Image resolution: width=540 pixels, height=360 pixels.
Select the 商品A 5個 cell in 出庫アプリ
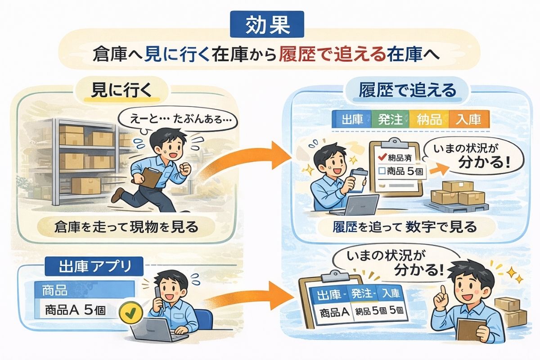tap(76, 310)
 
